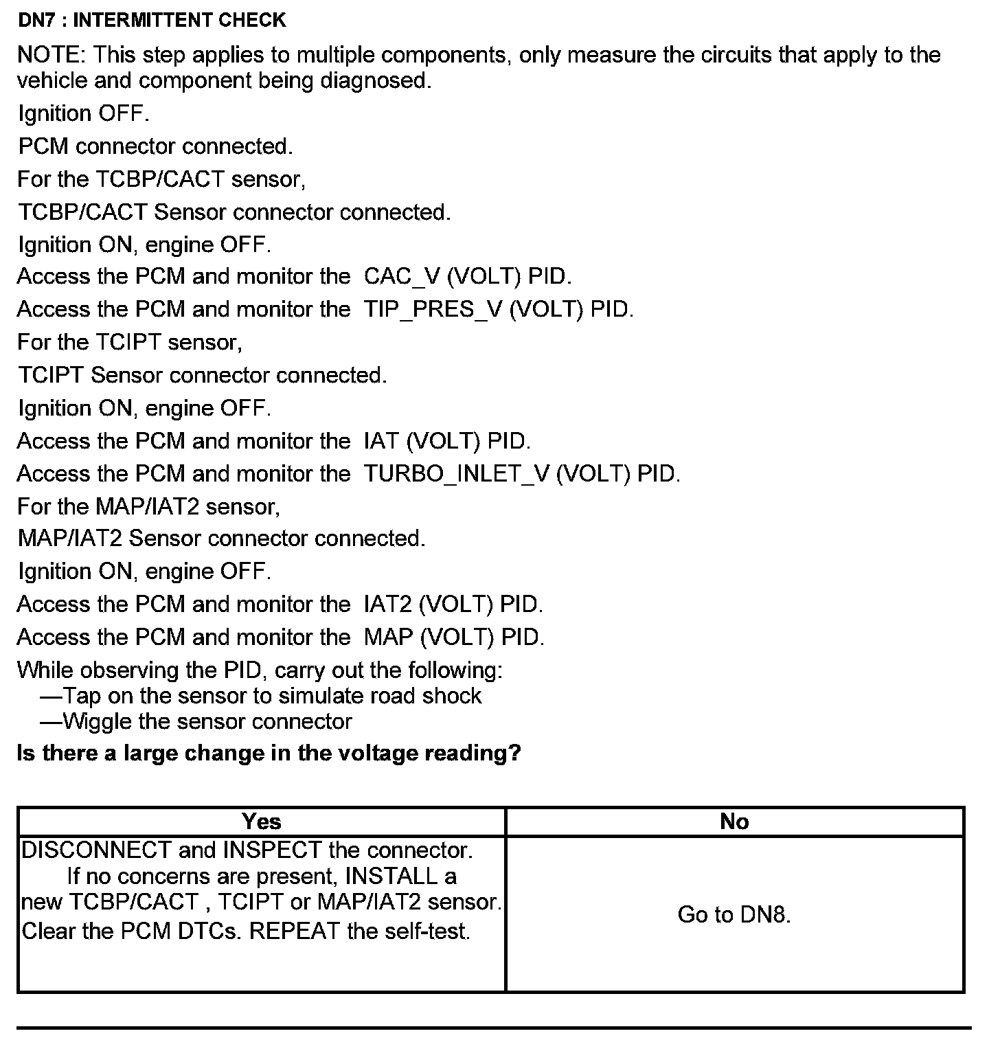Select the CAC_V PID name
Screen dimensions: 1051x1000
click(x=401, y=277)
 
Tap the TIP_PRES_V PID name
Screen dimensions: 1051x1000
click(x=433, y=310)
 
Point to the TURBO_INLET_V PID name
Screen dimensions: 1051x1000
click(x=456, y=474)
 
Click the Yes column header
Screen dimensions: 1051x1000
click(x=261, y=822)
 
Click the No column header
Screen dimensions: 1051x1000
click(x=734, y=822)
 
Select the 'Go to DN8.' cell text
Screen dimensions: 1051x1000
click(x=734, y=914)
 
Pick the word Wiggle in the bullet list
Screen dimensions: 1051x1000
click(x=98, y=722)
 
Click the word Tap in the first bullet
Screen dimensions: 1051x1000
click(x=82, y=696)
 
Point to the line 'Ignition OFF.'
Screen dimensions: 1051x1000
click(x=84, y=113)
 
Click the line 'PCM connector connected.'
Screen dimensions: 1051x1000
click(x=156, y=146)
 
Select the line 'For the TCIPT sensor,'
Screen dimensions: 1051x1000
click(x=130, y=342)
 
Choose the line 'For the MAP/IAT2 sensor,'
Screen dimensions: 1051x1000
click(x=149, y=507)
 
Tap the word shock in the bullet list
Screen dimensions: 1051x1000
click(x=452, y=696)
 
